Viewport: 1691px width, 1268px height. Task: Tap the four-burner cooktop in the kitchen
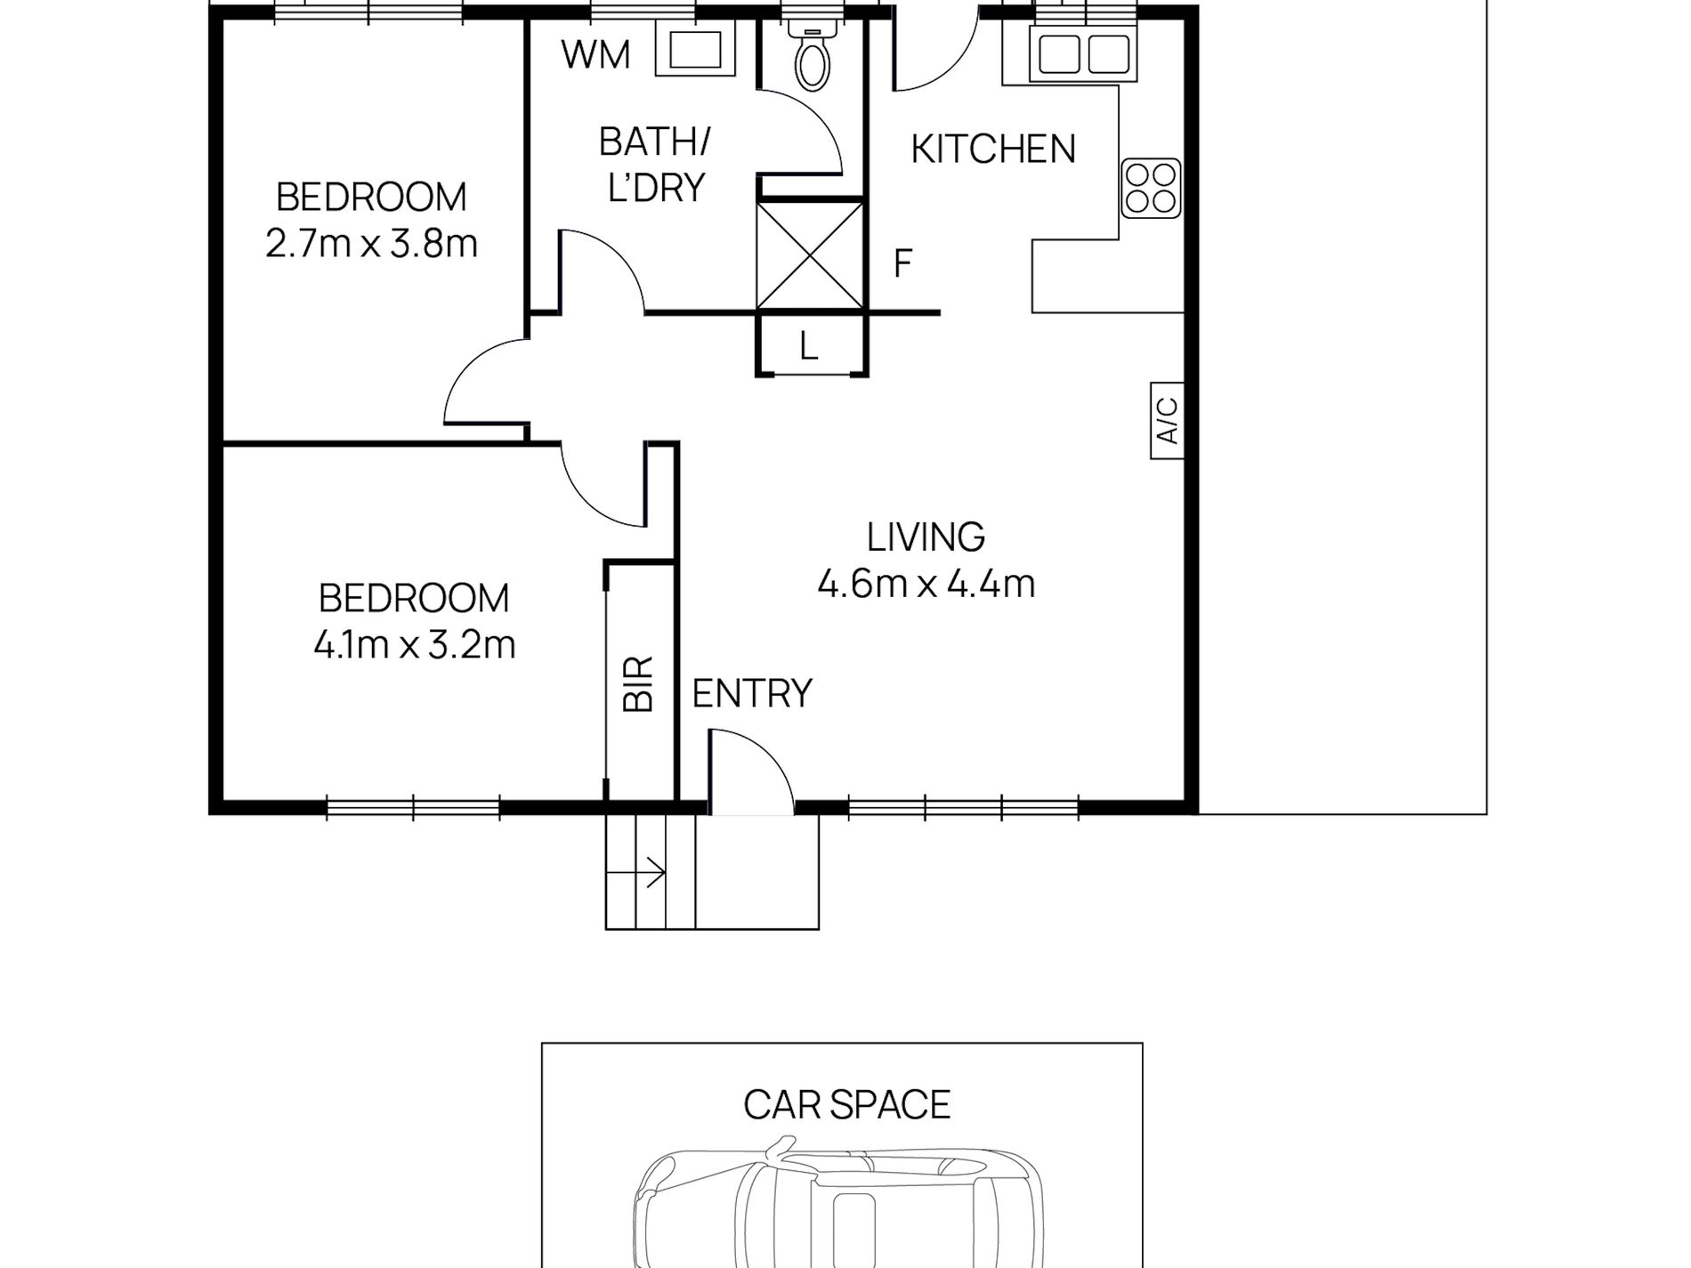1151,188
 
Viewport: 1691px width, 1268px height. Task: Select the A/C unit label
1167,420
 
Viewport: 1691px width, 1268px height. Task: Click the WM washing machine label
595,55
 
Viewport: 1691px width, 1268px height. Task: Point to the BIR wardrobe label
638,683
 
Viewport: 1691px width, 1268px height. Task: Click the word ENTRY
752,693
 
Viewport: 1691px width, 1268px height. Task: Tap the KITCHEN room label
993,149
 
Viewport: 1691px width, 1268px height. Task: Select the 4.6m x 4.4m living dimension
926,585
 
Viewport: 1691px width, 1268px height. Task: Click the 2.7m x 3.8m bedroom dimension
371,243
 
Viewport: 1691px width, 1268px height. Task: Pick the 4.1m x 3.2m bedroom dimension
414,644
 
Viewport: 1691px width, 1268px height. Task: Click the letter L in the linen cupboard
808,346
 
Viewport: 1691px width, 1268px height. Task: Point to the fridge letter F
902,263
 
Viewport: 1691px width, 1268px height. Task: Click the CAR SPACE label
846,1104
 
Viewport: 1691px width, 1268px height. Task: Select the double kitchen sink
1083,52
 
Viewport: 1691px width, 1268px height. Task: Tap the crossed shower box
810,255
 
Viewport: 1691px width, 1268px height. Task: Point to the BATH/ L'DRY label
655,165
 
